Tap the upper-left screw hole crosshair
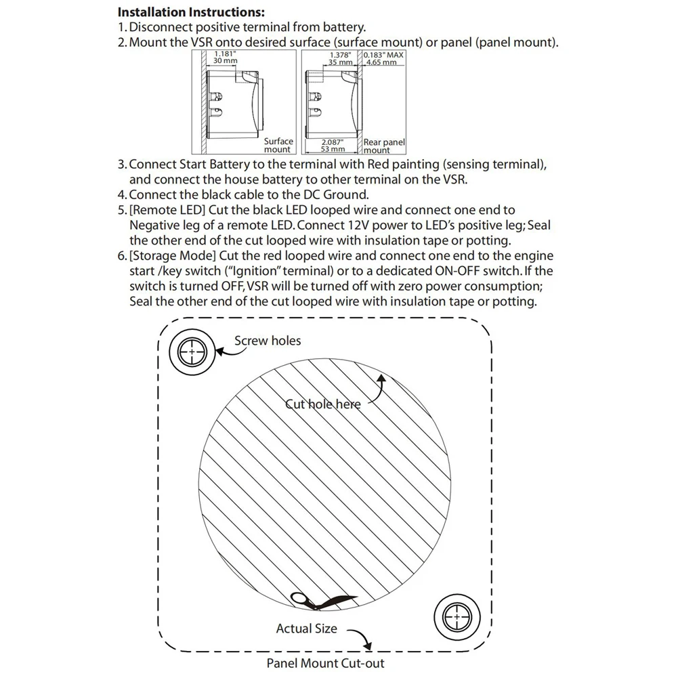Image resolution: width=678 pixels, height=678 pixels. pyautogui.click(x=191, y=353)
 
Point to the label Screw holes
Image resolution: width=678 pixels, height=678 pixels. pyautogui.click(x=268, y=341)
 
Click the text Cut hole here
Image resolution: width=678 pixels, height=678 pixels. pyautogui.click(x=322, y=404)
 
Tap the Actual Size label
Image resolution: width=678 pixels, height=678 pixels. pyautogui.click(x=306, y=629)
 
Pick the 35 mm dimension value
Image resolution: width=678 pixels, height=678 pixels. pyautogui.click(x=341, y=62)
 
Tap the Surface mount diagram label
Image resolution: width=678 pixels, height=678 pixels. pyautogui.click(x=278, y=146)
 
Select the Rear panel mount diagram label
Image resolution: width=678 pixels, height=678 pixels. pyautogui.click(x=383, y=146)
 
